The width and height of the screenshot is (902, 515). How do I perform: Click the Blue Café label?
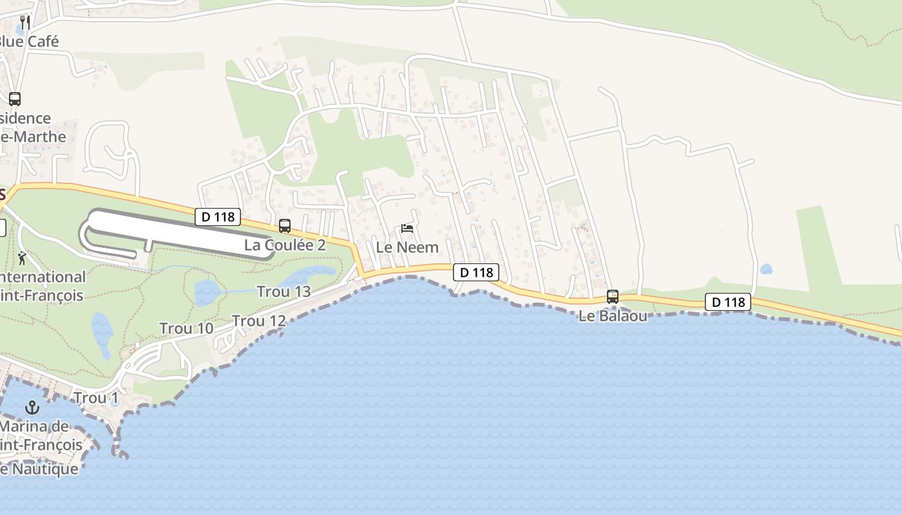click(29, 42)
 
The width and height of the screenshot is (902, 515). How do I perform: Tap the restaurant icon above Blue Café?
click(25, 23)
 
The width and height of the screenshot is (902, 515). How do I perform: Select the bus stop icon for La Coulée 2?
click(285, 226)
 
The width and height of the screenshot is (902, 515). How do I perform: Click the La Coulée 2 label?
click(285, 245)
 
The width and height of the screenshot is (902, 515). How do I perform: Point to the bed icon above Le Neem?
click(407, 229)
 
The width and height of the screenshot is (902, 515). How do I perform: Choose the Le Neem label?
click(407, 247)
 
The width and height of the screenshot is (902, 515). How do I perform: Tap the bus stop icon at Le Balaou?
click(613, 297)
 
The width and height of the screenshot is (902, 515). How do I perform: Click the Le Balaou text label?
click(613, 316)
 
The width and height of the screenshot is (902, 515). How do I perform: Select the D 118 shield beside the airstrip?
click(218, 217)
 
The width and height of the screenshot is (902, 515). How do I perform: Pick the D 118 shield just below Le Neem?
click(476, 272)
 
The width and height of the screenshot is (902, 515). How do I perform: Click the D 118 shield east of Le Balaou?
click(728, 302)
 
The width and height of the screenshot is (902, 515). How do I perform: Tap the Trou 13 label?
click(284, 292)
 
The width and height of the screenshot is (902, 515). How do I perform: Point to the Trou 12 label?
click(259, 321)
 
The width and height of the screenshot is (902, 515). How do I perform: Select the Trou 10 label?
click(186, 328)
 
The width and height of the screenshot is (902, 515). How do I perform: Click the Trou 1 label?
click(96, 398)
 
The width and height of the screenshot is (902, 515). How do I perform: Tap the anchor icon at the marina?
click(32, 407)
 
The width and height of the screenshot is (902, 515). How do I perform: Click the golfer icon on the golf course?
click(23, 258)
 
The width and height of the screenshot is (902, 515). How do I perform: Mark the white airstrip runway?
click(180, 232)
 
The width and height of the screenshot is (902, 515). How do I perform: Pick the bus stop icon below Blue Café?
click(15, 99)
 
